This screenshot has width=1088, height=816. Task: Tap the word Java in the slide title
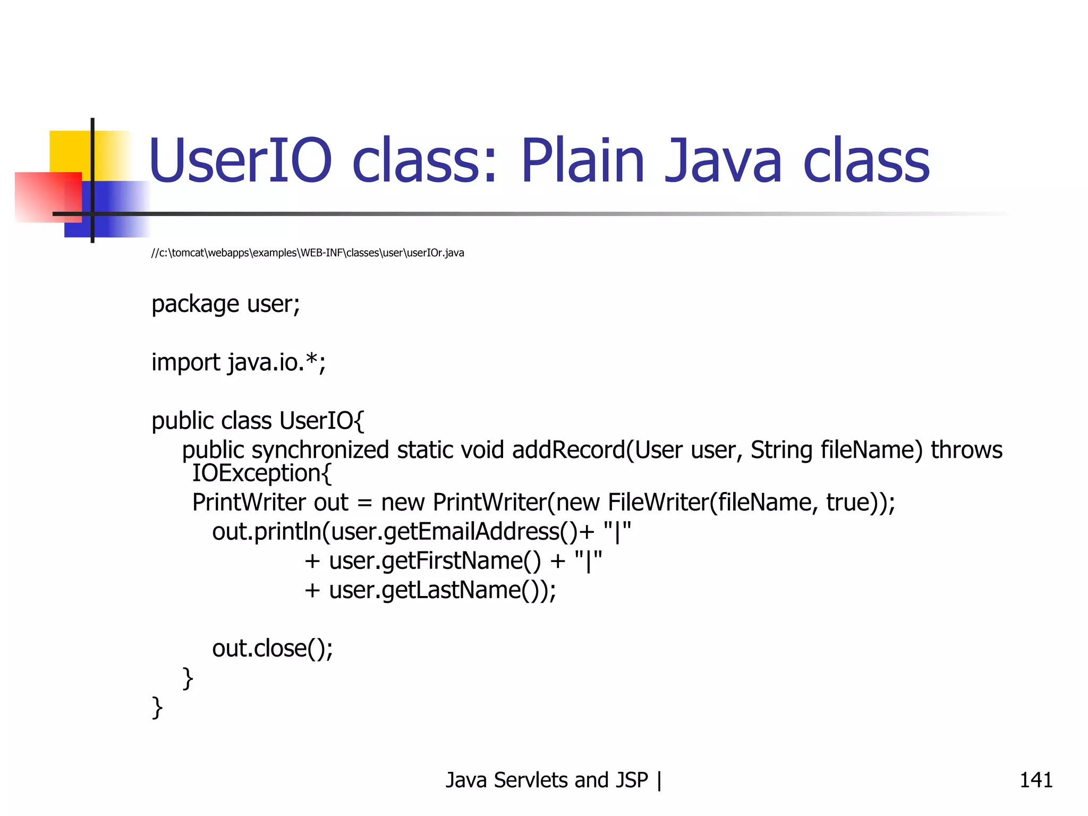pyautogui.click(x=723, y=160)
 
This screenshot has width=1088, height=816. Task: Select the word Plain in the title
pyautogui.click(x=582, y=160)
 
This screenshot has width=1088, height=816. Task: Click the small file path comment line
pyautogui.click(x=308, y=253)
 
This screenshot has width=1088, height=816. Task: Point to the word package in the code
pyautogui.click(x=195, y=305)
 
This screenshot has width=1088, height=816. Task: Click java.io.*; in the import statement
pyautogui.click(x=277, y=363)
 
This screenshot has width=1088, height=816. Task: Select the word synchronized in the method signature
pyautogui.click(x=320, y=450)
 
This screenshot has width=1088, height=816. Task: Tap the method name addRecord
pyautogui.click(x=568, y=450)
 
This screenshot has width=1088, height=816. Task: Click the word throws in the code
pyautogui.click(x=966, y=450)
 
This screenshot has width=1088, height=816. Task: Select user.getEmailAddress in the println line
pyautogui.click(x=445, y=532)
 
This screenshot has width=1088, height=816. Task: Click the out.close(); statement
pyautogui.click(x=273, y=649)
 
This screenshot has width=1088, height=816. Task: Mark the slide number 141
pyautogui.click(x=1035, y=780)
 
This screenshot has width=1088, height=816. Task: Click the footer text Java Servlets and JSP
pyautogui.click(x=547, y=780)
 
